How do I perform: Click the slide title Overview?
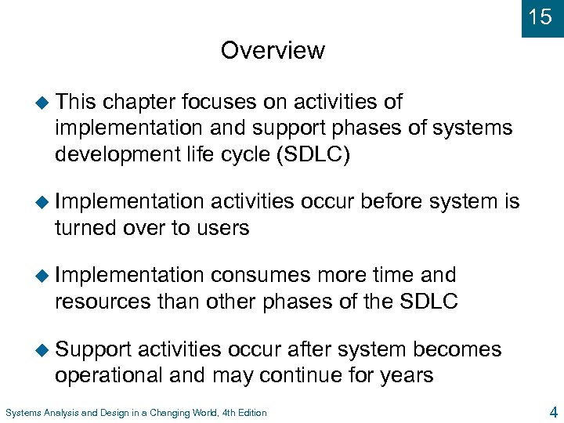[x=273, y=50]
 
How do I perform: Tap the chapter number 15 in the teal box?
[x=540, y=17]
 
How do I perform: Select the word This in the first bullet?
[x=76, y=102]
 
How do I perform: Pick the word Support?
[x=93, y=349]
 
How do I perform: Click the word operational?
[x=110, y=375]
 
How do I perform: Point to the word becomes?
[x=457, y=349]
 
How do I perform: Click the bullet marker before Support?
[x=44, y=349]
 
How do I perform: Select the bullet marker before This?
[x=44, y=102]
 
